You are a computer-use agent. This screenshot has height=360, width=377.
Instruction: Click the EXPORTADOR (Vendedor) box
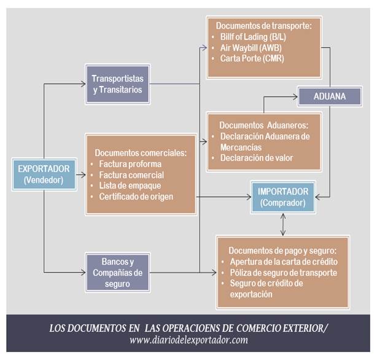44,174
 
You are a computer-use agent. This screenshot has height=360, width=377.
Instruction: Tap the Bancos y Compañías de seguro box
117,272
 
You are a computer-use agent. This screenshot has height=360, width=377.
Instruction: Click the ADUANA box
330,96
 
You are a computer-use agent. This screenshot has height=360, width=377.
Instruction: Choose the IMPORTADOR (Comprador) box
283,196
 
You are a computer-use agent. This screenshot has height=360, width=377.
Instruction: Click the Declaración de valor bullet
256,158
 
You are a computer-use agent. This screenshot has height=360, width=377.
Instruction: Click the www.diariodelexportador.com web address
189,340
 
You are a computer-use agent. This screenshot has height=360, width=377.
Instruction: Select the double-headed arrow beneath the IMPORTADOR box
282,223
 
